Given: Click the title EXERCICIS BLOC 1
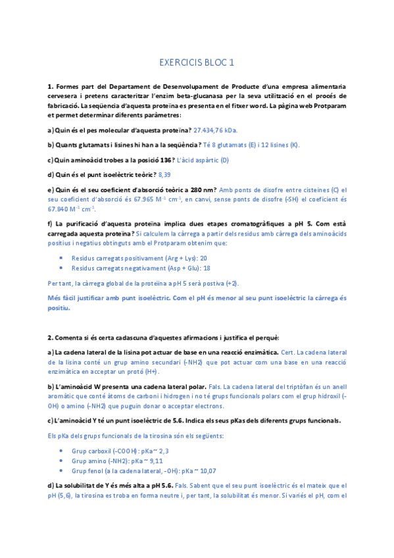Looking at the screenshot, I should click(197, 63).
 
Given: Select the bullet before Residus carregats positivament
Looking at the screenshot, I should click(61, 259).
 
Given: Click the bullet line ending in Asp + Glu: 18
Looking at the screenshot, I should click(141, 268).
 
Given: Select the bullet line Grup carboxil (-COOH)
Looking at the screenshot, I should click(115, 451).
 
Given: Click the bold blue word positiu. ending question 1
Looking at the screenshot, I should click(59, 308).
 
